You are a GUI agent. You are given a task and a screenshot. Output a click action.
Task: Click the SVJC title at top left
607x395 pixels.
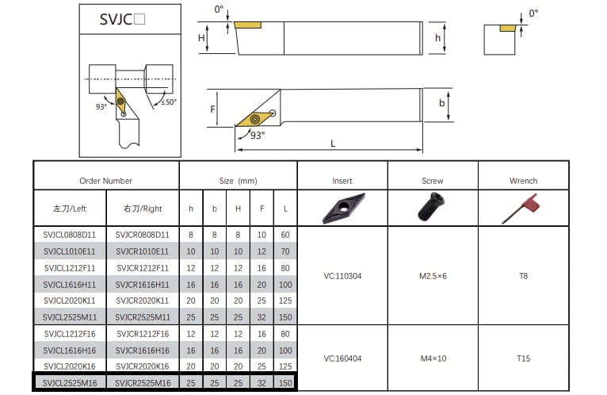pos(122,19)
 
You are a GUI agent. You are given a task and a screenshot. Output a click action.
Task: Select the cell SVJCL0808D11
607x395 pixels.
pos(69,235)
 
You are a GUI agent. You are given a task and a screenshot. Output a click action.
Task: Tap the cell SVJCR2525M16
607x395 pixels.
pos(143,383)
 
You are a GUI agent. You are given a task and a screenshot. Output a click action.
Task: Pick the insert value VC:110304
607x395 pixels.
pos(342,276)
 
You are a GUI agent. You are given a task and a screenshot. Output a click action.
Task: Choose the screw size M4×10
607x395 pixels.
pos(433,359)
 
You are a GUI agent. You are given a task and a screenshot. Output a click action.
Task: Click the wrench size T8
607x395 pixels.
pos(523,276)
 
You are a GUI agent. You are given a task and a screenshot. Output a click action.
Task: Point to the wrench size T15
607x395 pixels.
pos(523,359)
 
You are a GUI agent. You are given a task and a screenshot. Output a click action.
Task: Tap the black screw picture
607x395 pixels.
pos(431,207)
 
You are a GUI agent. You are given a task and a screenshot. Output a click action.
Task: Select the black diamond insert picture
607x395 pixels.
pos(343,208)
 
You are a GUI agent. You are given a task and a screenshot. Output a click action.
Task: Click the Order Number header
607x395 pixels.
pos(105,181)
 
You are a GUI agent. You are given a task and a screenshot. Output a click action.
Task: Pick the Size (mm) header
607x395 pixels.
pos(238,181)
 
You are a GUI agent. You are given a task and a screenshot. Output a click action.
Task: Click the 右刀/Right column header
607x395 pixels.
pos(143,209)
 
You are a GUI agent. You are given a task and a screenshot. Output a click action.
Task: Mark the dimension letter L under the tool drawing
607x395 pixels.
pos(333,144)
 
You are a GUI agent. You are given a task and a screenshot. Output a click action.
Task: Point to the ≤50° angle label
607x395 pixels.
pos(169,102)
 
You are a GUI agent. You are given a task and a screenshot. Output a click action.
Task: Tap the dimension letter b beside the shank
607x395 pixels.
pos(441,103)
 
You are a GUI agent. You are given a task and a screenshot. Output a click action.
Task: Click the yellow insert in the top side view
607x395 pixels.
pos(248,25)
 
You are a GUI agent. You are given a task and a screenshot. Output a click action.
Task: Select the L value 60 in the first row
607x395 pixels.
pos(285,235)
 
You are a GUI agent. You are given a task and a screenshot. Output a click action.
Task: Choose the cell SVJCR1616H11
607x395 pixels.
pos(143,285)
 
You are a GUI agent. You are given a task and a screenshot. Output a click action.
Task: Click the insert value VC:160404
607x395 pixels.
pos(342,359)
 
